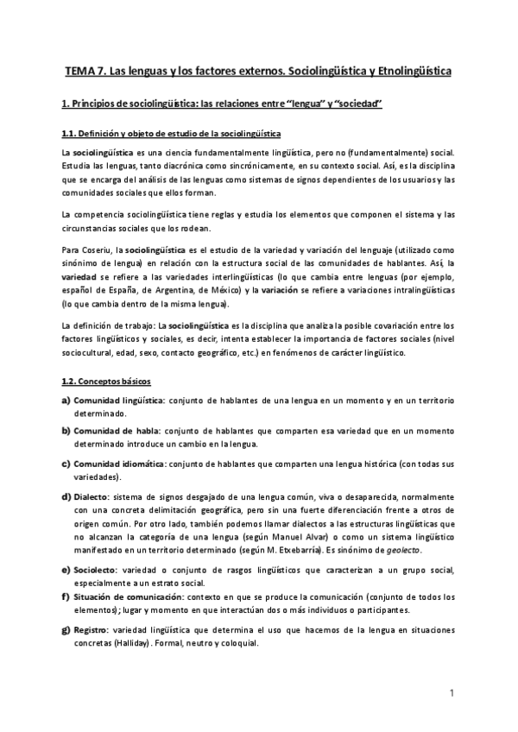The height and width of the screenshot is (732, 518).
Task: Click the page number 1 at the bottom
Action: (x=452, y=692)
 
